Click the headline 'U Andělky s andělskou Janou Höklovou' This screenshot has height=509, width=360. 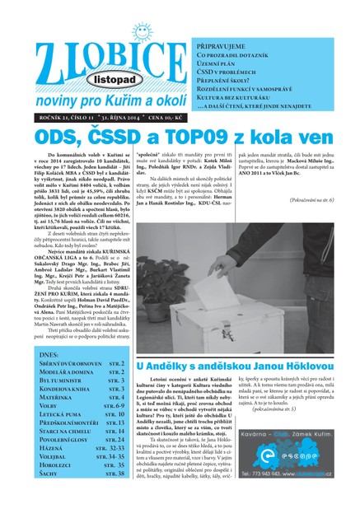click(x=246, y=343)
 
